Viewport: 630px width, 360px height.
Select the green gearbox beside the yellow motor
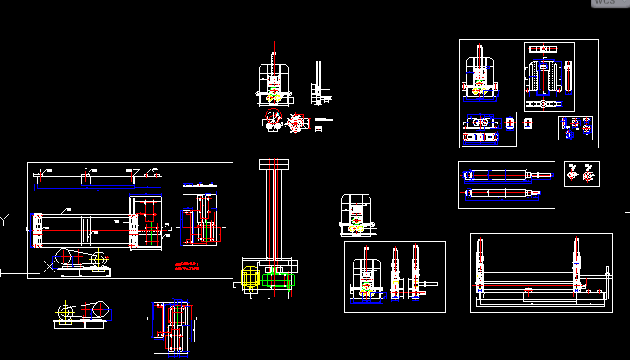[279, 282]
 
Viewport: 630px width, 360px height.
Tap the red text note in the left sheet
[187, 265]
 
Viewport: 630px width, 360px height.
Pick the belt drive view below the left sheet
[81, 311]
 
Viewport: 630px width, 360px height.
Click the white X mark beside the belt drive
[48, 266]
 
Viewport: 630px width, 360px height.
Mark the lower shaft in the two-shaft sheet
[502, 192]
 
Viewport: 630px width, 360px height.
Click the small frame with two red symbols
[582, 172]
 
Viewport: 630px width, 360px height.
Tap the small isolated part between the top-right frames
[528, 124]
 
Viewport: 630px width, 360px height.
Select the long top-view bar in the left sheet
[97, 179]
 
